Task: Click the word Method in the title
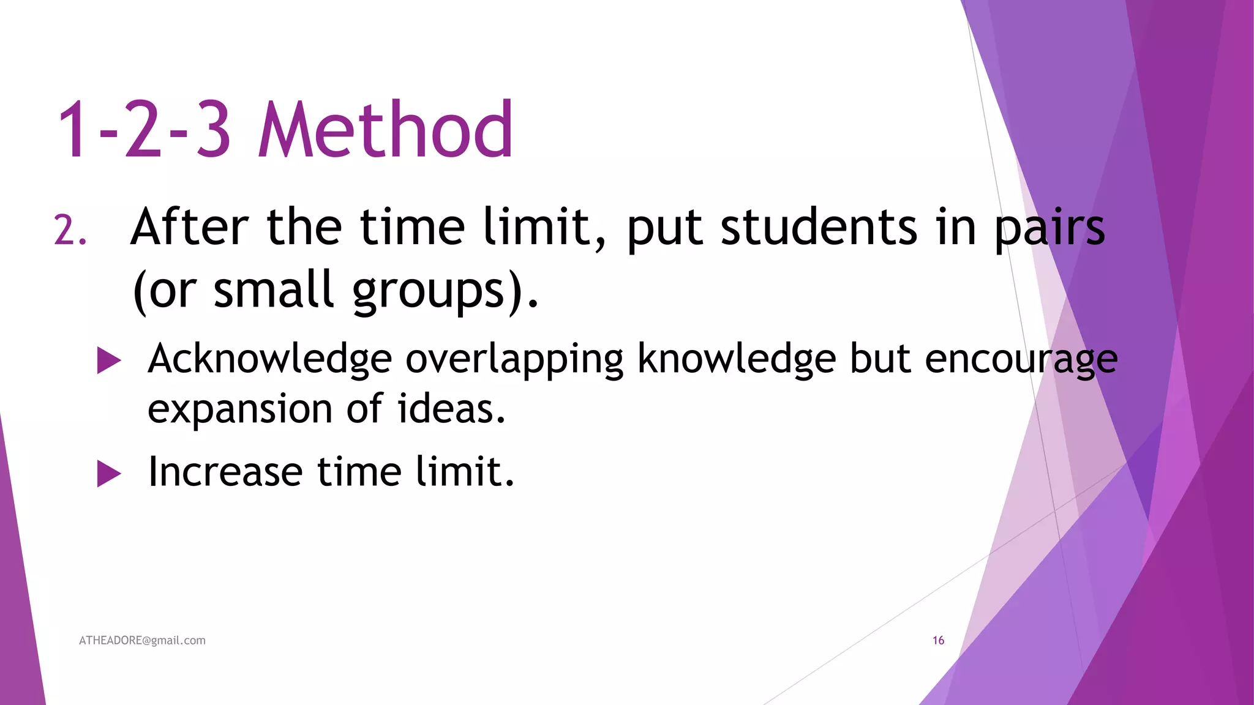(x=386, y=130)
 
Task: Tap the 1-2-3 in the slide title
(x=144, y=130)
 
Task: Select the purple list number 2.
(x=69, y=231)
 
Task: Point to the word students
(x=819, y=227)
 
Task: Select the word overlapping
(x=514, y=360)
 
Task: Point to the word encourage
(x=1021, y=360)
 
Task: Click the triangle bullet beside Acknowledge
(x=109, y=360)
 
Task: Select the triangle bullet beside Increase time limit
(x=109, y=474)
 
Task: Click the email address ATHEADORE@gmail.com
(x=142, y=640)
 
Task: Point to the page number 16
(x=938, y=640)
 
